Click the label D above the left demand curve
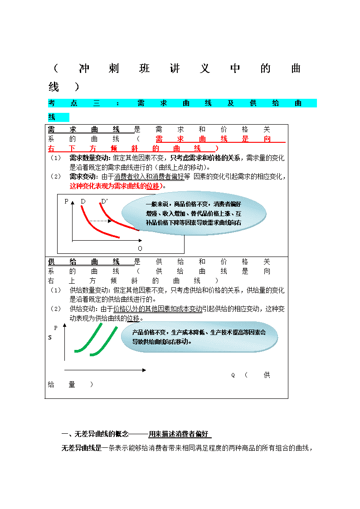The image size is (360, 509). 83,201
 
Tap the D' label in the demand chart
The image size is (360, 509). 104,201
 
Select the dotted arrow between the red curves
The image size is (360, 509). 100,221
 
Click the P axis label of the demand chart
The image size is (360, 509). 66,201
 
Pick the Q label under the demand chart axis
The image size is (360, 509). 140,248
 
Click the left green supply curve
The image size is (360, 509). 88,338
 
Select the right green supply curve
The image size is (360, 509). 103,341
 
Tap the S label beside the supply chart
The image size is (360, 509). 50,338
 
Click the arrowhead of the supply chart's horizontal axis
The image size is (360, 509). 144,370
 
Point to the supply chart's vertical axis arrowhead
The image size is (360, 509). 64,325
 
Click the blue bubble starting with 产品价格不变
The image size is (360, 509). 199,337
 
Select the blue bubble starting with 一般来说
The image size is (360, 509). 194,213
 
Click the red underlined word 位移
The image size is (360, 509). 153,186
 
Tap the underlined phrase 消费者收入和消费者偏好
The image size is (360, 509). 149,177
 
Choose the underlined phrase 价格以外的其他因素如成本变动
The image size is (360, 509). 157,309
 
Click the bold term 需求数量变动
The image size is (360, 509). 89,158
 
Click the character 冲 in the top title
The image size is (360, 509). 84,68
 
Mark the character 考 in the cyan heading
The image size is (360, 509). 52,103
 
